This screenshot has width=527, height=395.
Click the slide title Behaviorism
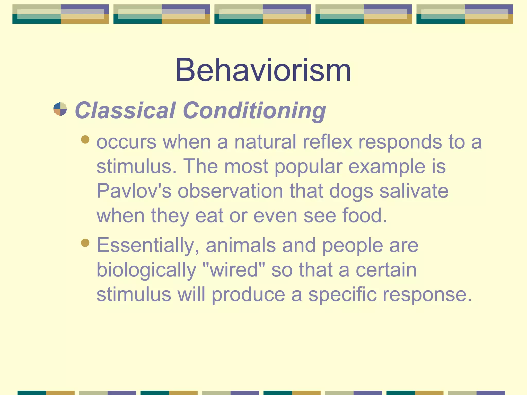point(263,70)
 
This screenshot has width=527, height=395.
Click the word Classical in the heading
point(125,110)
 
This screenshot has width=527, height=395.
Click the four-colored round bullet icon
point(60,109)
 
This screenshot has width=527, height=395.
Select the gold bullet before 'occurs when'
point(85,140)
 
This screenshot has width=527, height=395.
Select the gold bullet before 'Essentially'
point(85,243)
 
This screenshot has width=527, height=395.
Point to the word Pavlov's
point(134,191)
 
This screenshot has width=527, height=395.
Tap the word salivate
point(414,191)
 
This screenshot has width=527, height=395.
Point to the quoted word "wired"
point(234,270)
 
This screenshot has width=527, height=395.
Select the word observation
point(230,191)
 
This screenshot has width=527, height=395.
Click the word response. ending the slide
point(427,295)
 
